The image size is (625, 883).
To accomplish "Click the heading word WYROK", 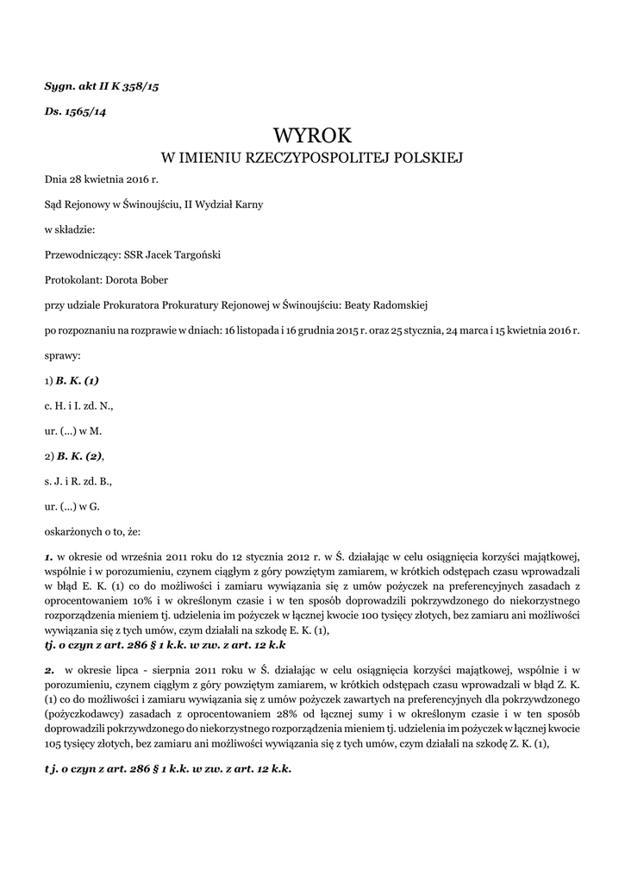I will (x=312, y=135).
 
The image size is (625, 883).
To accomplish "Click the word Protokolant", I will (x=72, y=279).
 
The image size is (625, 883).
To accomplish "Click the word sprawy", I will (x=62, y=354).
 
